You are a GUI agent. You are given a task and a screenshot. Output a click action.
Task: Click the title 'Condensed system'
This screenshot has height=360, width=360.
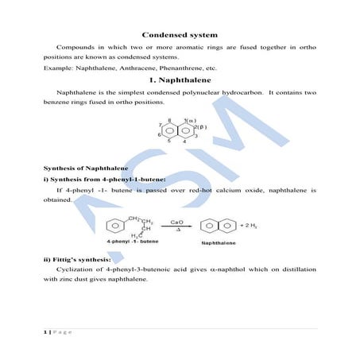pyautogui.click(x=179, y=35)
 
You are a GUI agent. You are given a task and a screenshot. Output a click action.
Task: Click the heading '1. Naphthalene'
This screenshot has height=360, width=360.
pyautogui.click(x=179, y=82)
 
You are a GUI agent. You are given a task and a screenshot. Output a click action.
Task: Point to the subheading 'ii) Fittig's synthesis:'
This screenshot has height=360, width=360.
pyautogui.click(x=78, y=260)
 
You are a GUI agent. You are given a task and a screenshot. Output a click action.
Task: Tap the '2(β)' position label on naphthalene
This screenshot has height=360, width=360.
pyautogui.click(x=202, y=127)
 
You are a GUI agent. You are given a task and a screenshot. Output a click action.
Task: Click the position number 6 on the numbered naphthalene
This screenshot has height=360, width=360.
pyautogui.click(x=159, y=136)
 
